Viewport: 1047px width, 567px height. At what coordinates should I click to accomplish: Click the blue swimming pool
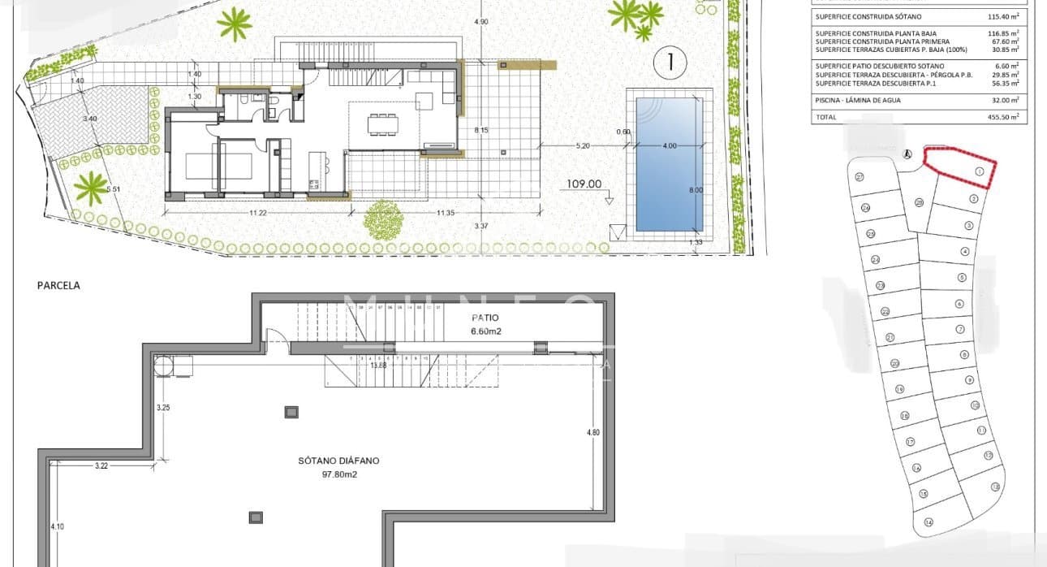[669, 163]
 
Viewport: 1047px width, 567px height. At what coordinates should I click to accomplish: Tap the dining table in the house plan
[384, 124]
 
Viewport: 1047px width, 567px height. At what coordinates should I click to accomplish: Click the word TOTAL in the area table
[825, 117]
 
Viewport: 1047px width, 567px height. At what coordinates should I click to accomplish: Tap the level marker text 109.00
[584, 184]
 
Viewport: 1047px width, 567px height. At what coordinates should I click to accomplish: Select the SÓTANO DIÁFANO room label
[338, 461]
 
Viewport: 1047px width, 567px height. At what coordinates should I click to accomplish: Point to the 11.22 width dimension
[258, 213]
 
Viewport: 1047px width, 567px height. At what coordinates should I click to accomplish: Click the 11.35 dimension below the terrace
[444, 213]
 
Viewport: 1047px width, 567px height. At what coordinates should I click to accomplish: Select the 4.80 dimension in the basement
[593, 433]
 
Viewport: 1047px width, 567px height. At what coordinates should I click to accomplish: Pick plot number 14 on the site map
[928, 522]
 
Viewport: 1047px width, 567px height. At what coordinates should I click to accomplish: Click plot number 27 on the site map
[859, 177]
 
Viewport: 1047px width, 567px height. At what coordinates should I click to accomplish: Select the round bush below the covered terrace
[383, 219]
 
